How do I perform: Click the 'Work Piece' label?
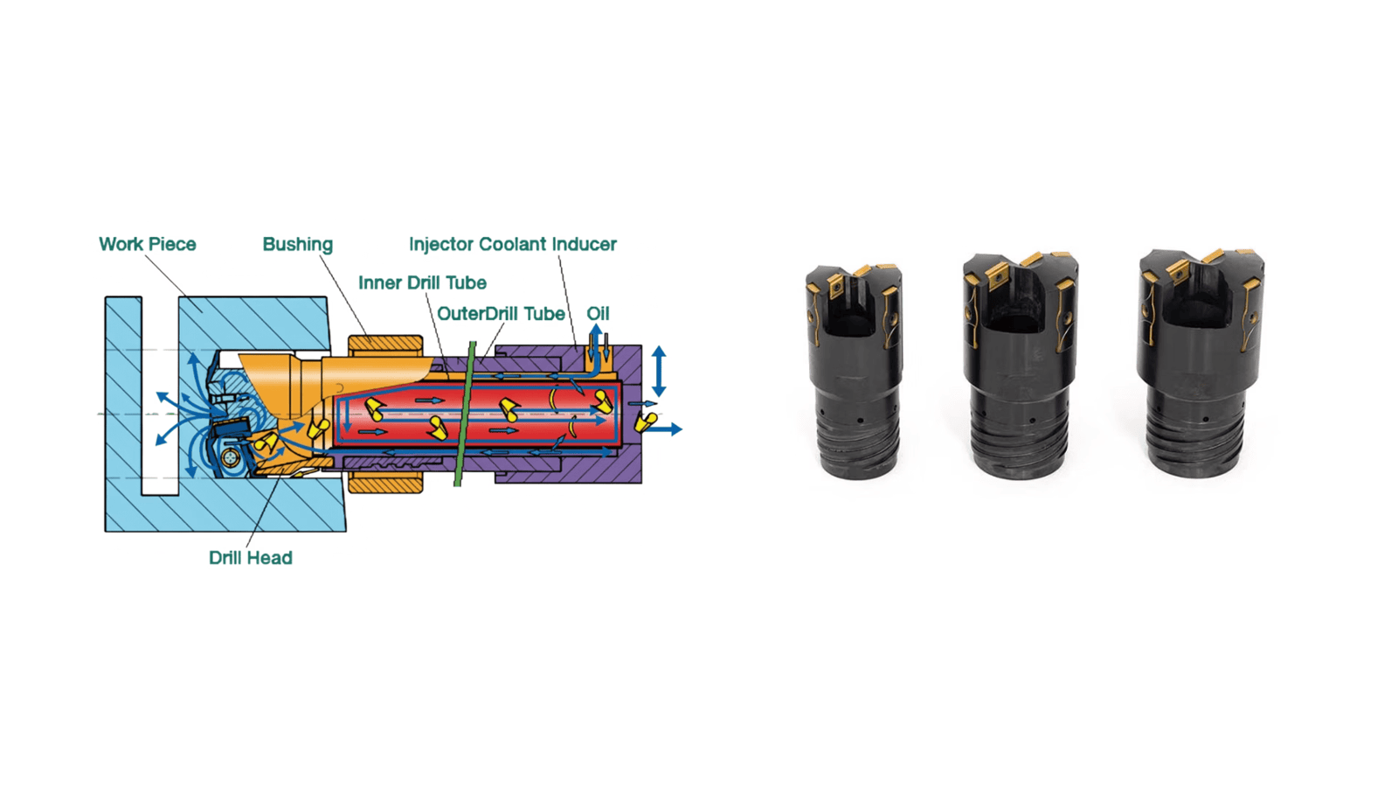pos(147,244)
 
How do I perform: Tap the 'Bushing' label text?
pos(297,244)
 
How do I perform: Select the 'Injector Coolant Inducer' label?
pos(512,244)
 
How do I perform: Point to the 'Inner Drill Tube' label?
pos(422,282)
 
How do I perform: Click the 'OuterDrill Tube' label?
pos(501,313)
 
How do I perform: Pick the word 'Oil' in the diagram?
pos(598,313)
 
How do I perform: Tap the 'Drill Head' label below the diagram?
pos(250,558)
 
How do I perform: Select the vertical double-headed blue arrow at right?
pos(659,371)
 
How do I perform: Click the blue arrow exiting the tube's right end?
pos(668,429)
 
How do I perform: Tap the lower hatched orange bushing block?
pos(384,482)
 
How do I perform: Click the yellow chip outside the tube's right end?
pos(646,422)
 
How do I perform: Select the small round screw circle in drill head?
pos(231,458)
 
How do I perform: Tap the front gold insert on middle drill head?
pos(996,277)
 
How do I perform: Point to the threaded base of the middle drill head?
pos(1021,442)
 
